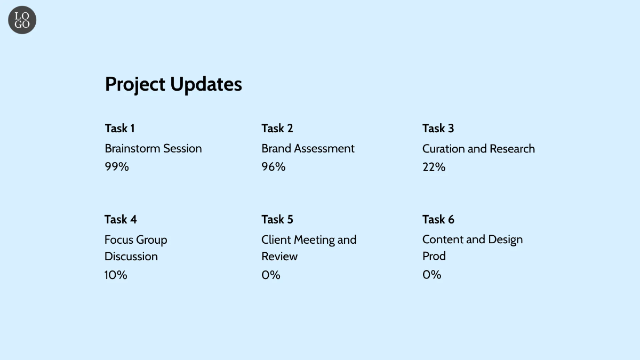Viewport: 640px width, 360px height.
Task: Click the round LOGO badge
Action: point(22,20)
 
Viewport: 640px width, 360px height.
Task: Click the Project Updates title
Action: point(173,85)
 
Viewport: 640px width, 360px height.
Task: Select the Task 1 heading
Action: point(119,129)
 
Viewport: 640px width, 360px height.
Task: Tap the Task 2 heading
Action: point(277,129)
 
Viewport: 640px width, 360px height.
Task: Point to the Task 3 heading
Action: point(438,129)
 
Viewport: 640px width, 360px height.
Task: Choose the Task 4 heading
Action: point(121,220)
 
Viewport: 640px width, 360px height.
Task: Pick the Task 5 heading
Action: point(277,220)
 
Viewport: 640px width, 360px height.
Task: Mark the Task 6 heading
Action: point(438,220)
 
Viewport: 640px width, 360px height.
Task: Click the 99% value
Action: point(117,167)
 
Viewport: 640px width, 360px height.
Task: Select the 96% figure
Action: point(274,167)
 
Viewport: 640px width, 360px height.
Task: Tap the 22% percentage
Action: point(434,167)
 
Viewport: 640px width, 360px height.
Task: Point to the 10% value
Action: point(116,275)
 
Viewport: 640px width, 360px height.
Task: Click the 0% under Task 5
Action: point(271,275)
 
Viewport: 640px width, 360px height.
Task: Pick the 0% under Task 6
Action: point(431,275)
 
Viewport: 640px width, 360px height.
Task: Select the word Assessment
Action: point(324,149)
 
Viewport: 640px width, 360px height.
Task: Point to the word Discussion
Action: point(131,257)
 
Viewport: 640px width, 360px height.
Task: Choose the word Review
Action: point(279,257)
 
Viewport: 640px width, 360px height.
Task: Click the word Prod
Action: point(434,257)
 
